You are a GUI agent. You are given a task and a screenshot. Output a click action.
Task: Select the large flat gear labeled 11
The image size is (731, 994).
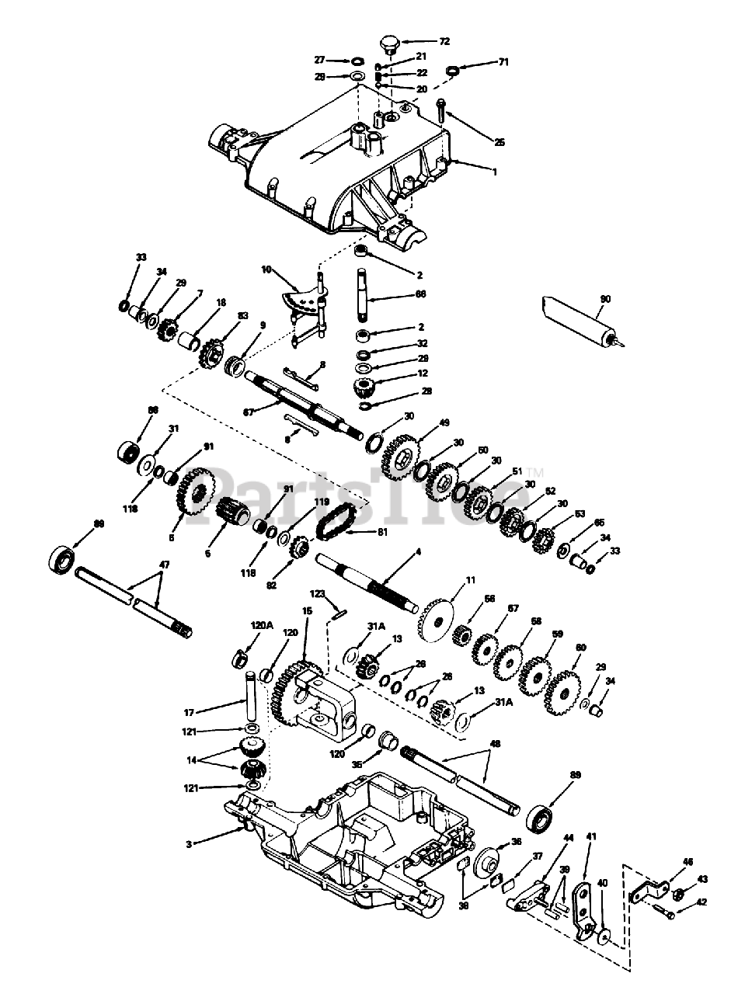[x=440, y=620]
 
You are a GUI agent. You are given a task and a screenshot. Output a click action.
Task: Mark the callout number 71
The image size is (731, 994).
[x=503, y=61]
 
